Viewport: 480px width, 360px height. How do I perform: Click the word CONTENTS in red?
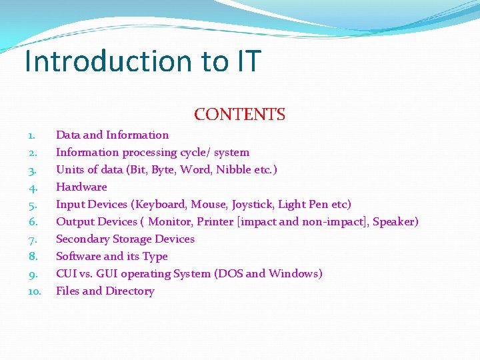239,115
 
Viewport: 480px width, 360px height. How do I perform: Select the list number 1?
32,135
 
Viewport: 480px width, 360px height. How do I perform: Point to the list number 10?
35,291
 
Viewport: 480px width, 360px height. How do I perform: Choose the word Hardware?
81,187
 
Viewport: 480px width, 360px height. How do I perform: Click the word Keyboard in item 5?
161,205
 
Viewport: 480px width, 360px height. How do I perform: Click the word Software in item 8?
78,257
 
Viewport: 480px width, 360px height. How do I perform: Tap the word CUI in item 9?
67,274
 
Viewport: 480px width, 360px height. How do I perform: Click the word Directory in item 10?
130,291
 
